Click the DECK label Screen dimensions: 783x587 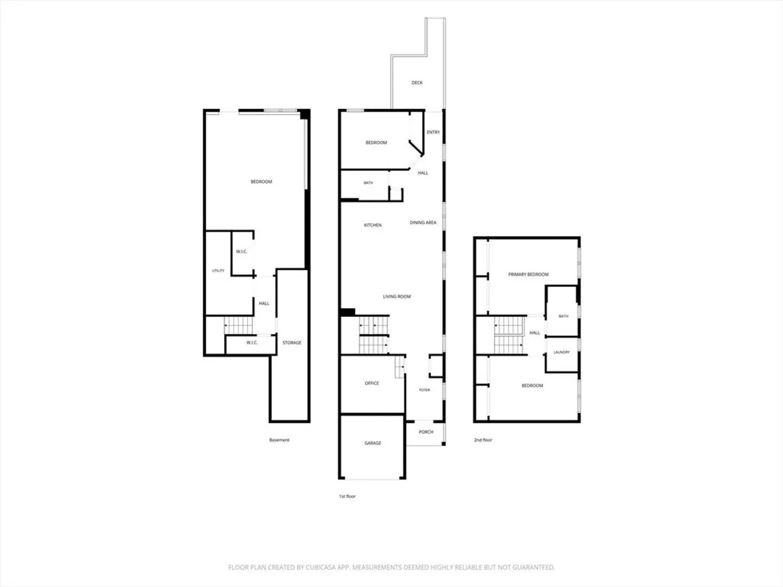(x=417, y=83)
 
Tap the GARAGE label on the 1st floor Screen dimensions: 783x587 (x=373, y=443)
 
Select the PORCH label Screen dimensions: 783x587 (x=426, y=432)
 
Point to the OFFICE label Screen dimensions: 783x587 (x=372, y=383)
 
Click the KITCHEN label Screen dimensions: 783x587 (x=373, y=225)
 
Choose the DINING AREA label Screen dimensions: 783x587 (x=423, y=223)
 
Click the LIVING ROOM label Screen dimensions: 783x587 (x=397, y=297)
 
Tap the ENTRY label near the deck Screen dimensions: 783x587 (x=433, y=132)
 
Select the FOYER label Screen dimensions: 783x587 (x=425, y=390)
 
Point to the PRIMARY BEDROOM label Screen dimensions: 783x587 (x=529, y=274)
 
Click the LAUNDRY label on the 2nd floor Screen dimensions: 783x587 (x=562, y=352)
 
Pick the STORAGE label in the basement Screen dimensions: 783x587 (x=292, y=343)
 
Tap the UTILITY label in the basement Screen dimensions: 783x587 (x=218, y=271)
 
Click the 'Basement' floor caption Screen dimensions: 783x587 (x=279, y=440)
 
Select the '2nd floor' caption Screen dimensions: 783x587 (x=483, y=440)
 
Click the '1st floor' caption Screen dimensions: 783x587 (x=347, y=496)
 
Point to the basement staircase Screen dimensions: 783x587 (x=238, y=325)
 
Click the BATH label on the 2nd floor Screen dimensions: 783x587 (x=564, y=316)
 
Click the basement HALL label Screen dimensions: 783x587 (x=264, y=304)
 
